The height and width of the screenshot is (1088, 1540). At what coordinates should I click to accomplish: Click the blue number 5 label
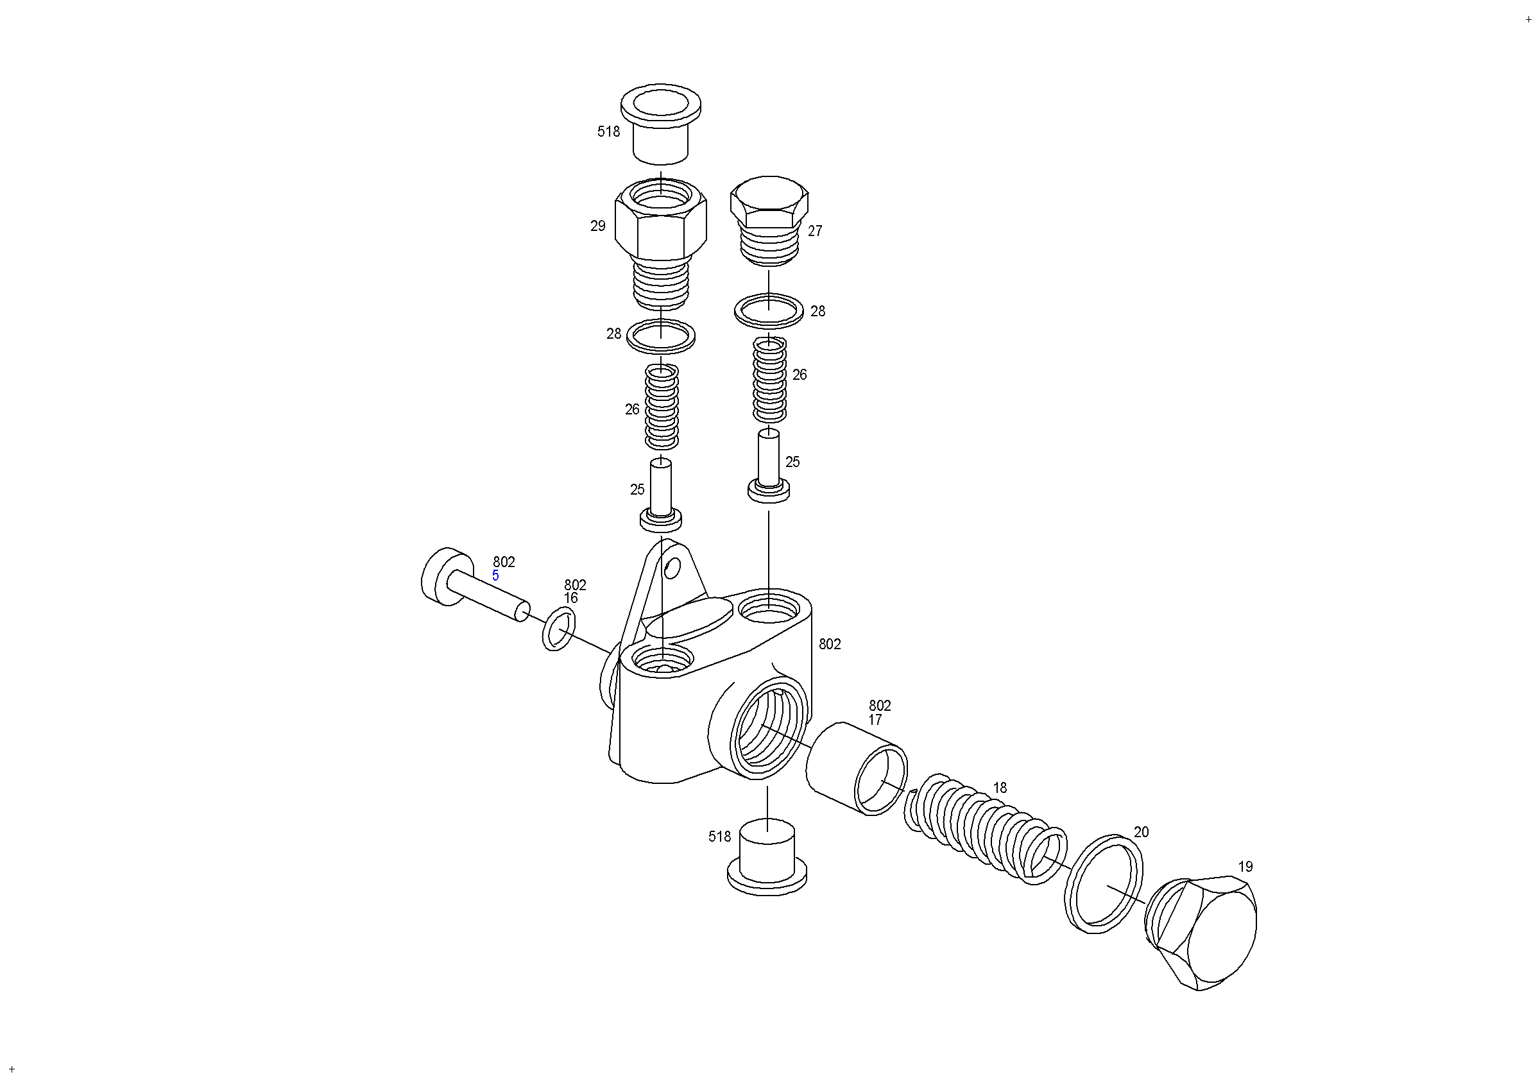pyautogui.click(x=495, y=575)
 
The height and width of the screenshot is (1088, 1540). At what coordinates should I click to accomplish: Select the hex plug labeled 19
pyautogui.click(x=1201, y=932)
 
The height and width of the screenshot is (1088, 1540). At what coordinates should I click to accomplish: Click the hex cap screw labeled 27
pyautogui.click(x=769, y=221)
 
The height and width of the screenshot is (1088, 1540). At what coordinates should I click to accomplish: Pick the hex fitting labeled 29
pyautogui.click(x=661, y=244)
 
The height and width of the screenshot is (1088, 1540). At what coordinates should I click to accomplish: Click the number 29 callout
pyautogui.click(x=597, y=226)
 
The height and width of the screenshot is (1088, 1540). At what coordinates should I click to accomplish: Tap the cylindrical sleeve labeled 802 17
pyautogui.click(x=857, y=769)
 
